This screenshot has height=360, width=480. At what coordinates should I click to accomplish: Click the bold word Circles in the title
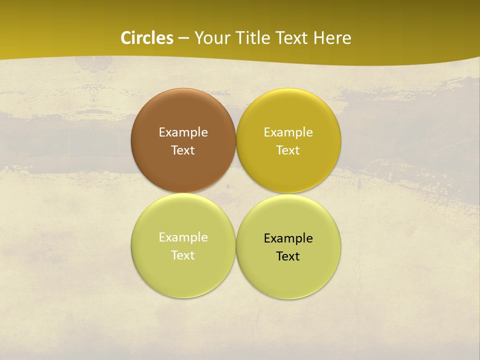tap(147, 38)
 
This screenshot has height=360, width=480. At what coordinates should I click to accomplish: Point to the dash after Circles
tap(183, 38)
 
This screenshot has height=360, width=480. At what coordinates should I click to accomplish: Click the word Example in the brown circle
tap(183, 132)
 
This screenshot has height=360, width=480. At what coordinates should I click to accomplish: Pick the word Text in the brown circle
tap(183, 150)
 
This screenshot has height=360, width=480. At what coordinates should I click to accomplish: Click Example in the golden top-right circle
tap(288, 132)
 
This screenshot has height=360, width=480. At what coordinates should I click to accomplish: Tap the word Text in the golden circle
tap(288, 150)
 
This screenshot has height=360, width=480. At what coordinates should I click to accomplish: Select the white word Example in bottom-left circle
tap(183, 237)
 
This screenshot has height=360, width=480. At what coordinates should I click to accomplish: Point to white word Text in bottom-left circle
tap(183, 255)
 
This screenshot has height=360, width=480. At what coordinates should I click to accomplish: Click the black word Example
tap(288, 238)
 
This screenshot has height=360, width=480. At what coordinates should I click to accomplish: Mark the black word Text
tap(288, 256)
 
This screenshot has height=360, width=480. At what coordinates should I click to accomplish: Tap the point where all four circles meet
tap(236, 193)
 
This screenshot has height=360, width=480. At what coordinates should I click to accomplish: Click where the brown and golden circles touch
tap(236, 140)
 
